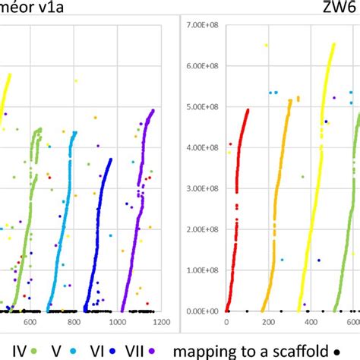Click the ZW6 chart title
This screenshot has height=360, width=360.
point(334,8)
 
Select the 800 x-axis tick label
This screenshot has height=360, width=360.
point(73,323)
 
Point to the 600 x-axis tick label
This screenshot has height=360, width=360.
point(30,323)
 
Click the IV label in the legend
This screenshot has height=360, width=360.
point(9,351)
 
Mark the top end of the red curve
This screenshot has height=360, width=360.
point(248,110)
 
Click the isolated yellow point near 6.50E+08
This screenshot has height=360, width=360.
point(266,46)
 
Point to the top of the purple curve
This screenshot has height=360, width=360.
point(153,111)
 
